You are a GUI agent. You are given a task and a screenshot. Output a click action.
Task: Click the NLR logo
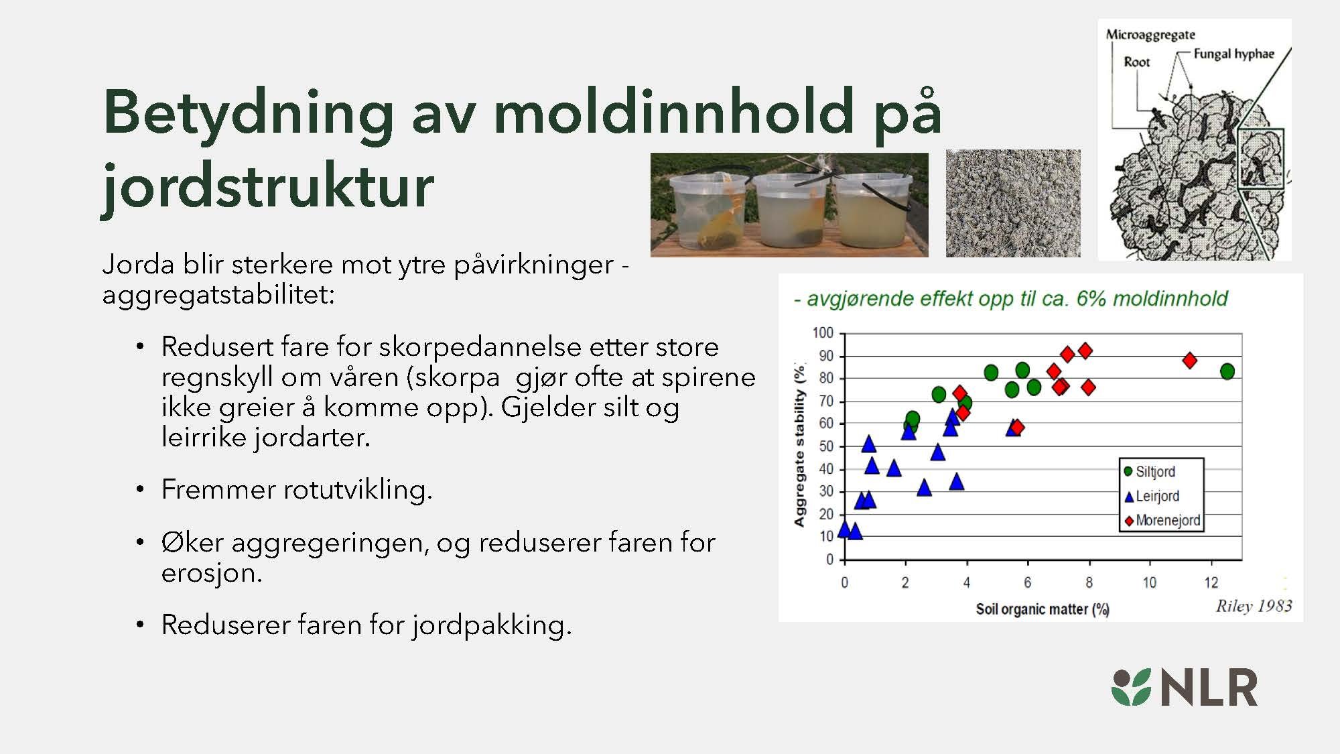(1184, 688)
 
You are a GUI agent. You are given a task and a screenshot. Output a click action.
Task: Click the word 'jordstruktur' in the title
(268, 186)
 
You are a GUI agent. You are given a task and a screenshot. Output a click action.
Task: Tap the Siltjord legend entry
(1155, 472)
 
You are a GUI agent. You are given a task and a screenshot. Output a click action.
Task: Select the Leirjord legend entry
(1157, 497)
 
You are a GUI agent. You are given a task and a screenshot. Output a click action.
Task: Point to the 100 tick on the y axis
(823, 333)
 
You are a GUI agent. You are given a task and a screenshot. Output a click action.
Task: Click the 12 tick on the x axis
(1211, 582)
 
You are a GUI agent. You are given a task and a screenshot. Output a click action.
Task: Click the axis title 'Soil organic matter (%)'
(1042, 609)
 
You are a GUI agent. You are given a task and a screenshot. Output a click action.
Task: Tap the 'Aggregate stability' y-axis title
(799, 446)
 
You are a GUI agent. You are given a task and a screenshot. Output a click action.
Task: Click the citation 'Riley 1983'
(1254, 607)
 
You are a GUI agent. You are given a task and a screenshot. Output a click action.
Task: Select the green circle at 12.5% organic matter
(1227, 371)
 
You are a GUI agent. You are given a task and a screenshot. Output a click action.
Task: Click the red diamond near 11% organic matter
(1190, 361)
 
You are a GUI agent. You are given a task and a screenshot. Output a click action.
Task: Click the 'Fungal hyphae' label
(1233, 54)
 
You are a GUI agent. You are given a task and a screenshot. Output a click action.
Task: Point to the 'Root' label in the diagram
(1136, 62)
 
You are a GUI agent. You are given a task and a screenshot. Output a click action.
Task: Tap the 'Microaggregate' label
(1150, 35)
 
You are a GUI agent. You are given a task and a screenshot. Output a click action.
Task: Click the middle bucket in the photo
(789, 208)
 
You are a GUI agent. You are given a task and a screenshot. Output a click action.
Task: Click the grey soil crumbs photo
(1013, 204)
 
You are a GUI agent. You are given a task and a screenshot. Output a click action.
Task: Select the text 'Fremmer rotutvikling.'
(297, 490)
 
